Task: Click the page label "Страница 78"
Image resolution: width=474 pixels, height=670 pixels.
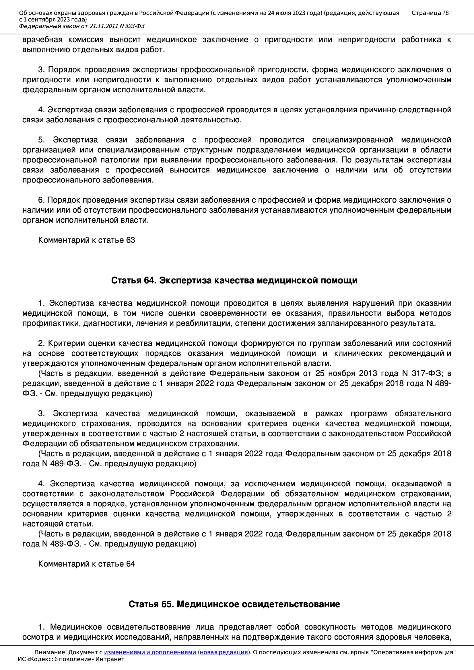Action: (x=430, y=13)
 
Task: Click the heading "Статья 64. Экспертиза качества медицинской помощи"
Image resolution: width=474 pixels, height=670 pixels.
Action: (x=234, y=281)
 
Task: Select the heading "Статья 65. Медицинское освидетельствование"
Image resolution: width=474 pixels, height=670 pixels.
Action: (x=234, y=604)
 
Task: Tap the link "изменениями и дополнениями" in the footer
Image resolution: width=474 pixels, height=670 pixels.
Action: (x=150, y=652)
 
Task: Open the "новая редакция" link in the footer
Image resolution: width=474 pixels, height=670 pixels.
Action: (x=224, y=652)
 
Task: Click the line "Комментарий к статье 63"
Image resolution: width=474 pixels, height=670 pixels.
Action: (x=86, y=240)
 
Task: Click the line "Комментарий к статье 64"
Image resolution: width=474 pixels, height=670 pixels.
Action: (x=86, y=564)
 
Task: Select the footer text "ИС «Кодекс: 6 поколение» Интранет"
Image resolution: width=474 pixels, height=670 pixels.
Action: (x=71, y=659)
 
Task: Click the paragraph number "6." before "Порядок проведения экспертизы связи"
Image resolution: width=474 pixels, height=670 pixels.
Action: (x=42, y=200)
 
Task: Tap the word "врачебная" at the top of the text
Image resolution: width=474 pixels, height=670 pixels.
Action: (x=42, y=40)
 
